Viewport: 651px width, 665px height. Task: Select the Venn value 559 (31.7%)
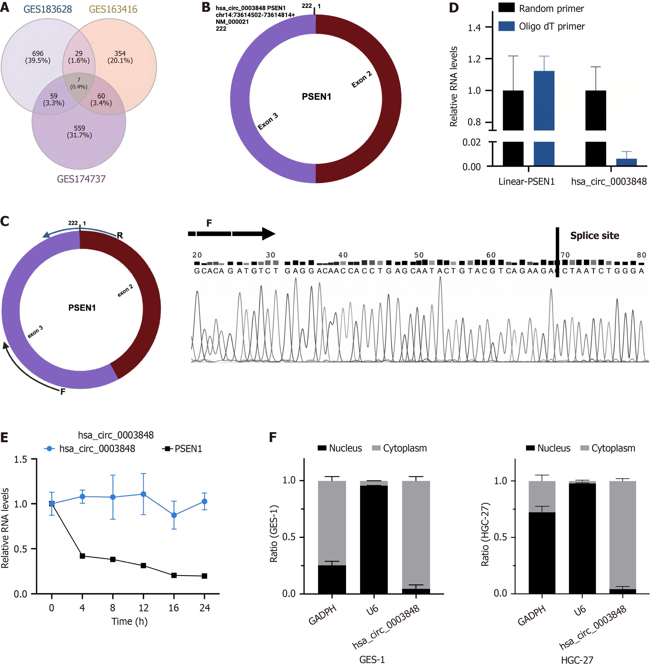click(79, 132)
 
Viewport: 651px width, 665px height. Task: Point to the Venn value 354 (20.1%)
click(120, 57)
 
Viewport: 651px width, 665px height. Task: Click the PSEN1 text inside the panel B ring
click(316, 97)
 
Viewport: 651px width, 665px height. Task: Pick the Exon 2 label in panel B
click(361, 79)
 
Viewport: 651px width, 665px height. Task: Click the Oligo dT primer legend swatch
click(506, 26)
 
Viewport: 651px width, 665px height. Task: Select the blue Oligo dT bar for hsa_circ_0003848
click(626, 162)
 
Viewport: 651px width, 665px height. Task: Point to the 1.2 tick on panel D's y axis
click(475, 59)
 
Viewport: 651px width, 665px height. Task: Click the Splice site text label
click(595, 236)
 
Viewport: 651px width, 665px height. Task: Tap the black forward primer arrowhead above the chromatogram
click(269, 234)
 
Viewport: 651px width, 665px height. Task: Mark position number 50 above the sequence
click(419, 255)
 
